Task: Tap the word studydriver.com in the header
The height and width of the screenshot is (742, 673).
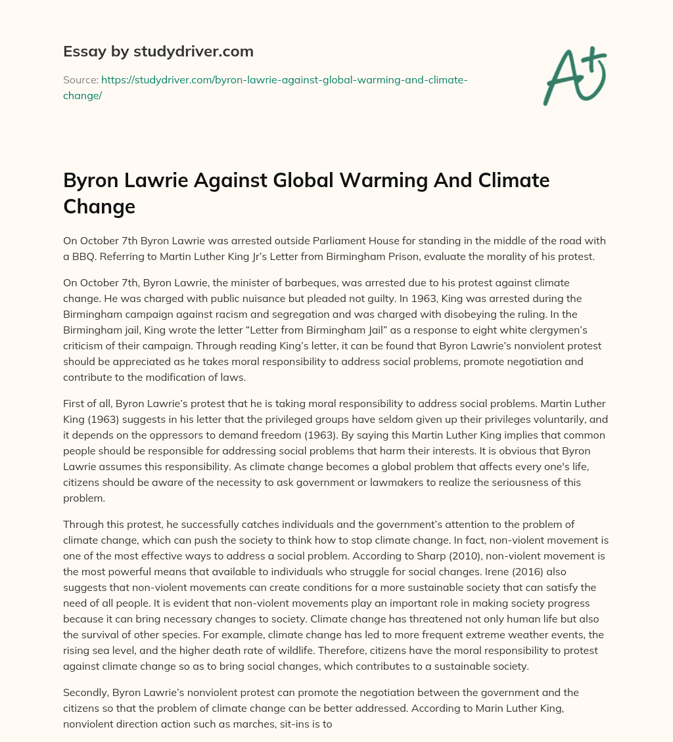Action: pos(197,51)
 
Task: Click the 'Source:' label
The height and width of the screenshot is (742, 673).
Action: pos(80,79)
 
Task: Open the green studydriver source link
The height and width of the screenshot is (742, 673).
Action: pos(265,87)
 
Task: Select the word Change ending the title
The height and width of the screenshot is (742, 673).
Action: pos(99,206)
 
